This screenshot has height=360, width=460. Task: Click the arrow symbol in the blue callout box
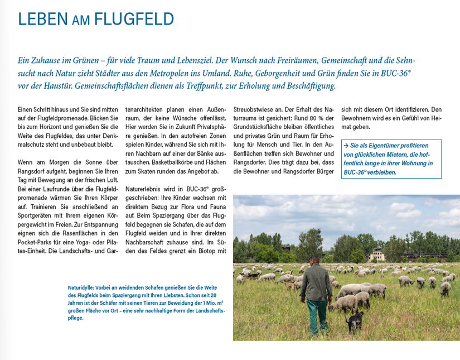pyautogui.click(x=347, y=145)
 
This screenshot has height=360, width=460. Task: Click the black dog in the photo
pyautogui.click(x=354, y=321)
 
